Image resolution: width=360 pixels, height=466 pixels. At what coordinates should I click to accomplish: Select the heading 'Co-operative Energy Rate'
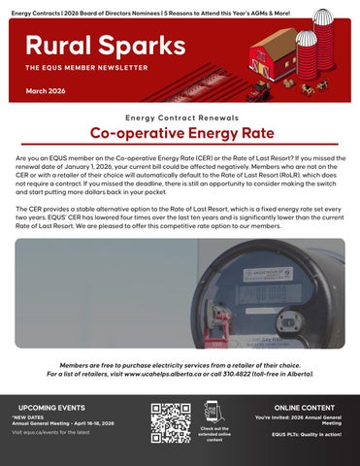coord(180,133)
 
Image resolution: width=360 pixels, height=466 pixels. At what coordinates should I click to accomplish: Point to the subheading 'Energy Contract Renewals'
coord(180,116)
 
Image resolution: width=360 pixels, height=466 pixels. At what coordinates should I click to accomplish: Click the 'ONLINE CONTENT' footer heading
coord(306,409)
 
